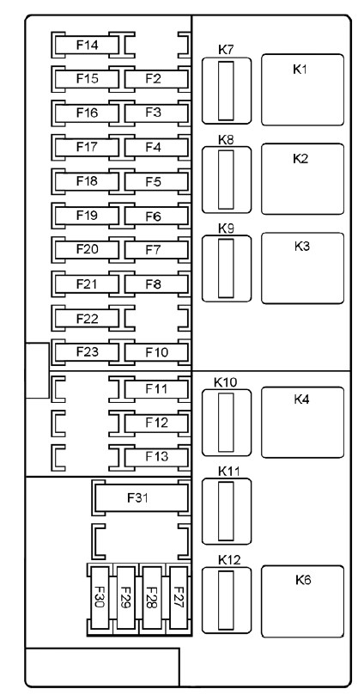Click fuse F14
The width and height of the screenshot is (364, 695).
pyautogui.click(x=87, y=45)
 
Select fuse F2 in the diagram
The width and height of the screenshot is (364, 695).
pyautogui.click(x=156, y=79)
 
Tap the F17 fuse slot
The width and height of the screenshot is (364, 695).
pyautogui.click(x=87, y=147)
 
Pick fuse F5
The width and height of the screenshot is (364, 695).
pyautogui.click(x=156, y=182)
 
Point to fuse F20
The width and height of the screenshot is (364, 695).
pyautogui.click(x=87, y=249)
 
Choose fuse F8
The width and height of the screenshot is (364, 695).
pyautogui.click(x=156, y=284)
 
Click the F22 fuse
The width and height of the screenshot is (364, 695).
pyautogui.click(x=87, y=318)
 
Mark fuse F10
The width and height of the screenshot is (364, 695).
pyautogui.click(x=156, y=352)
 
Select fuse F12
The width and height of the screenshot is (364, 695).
pyautogui.click(x=156, y=423)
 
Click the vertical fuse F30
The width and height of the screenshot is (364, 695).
pyautogui.click(x=100, y=598)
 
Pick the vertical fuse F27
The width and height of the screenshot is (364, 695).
pyautogui.click(x=179, y=598)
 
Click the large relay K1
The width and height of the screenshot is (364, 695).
pyautogui.click(x=302, y=90)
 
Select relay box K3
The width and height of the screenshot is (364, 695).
pyautogui.click(x=302, y=268)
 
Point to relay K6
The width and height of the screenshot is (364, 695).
pyautogui.click(x=302, y=601)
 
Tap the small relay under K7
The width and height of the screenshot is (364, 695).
pyautogui.click(x=227, y=91)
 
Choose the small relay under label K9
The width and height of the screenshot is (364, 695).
pyautogui.click(x=227, y=269)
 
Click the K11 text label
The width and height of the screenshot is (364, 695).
pyautogui.click(x=229, y=472)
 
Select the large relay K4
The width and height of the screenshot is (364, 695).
pyautogui.click(x=302, y=423)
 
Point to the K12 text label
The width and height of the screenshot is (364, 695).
pyautogui.click(x=229, y=560)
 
